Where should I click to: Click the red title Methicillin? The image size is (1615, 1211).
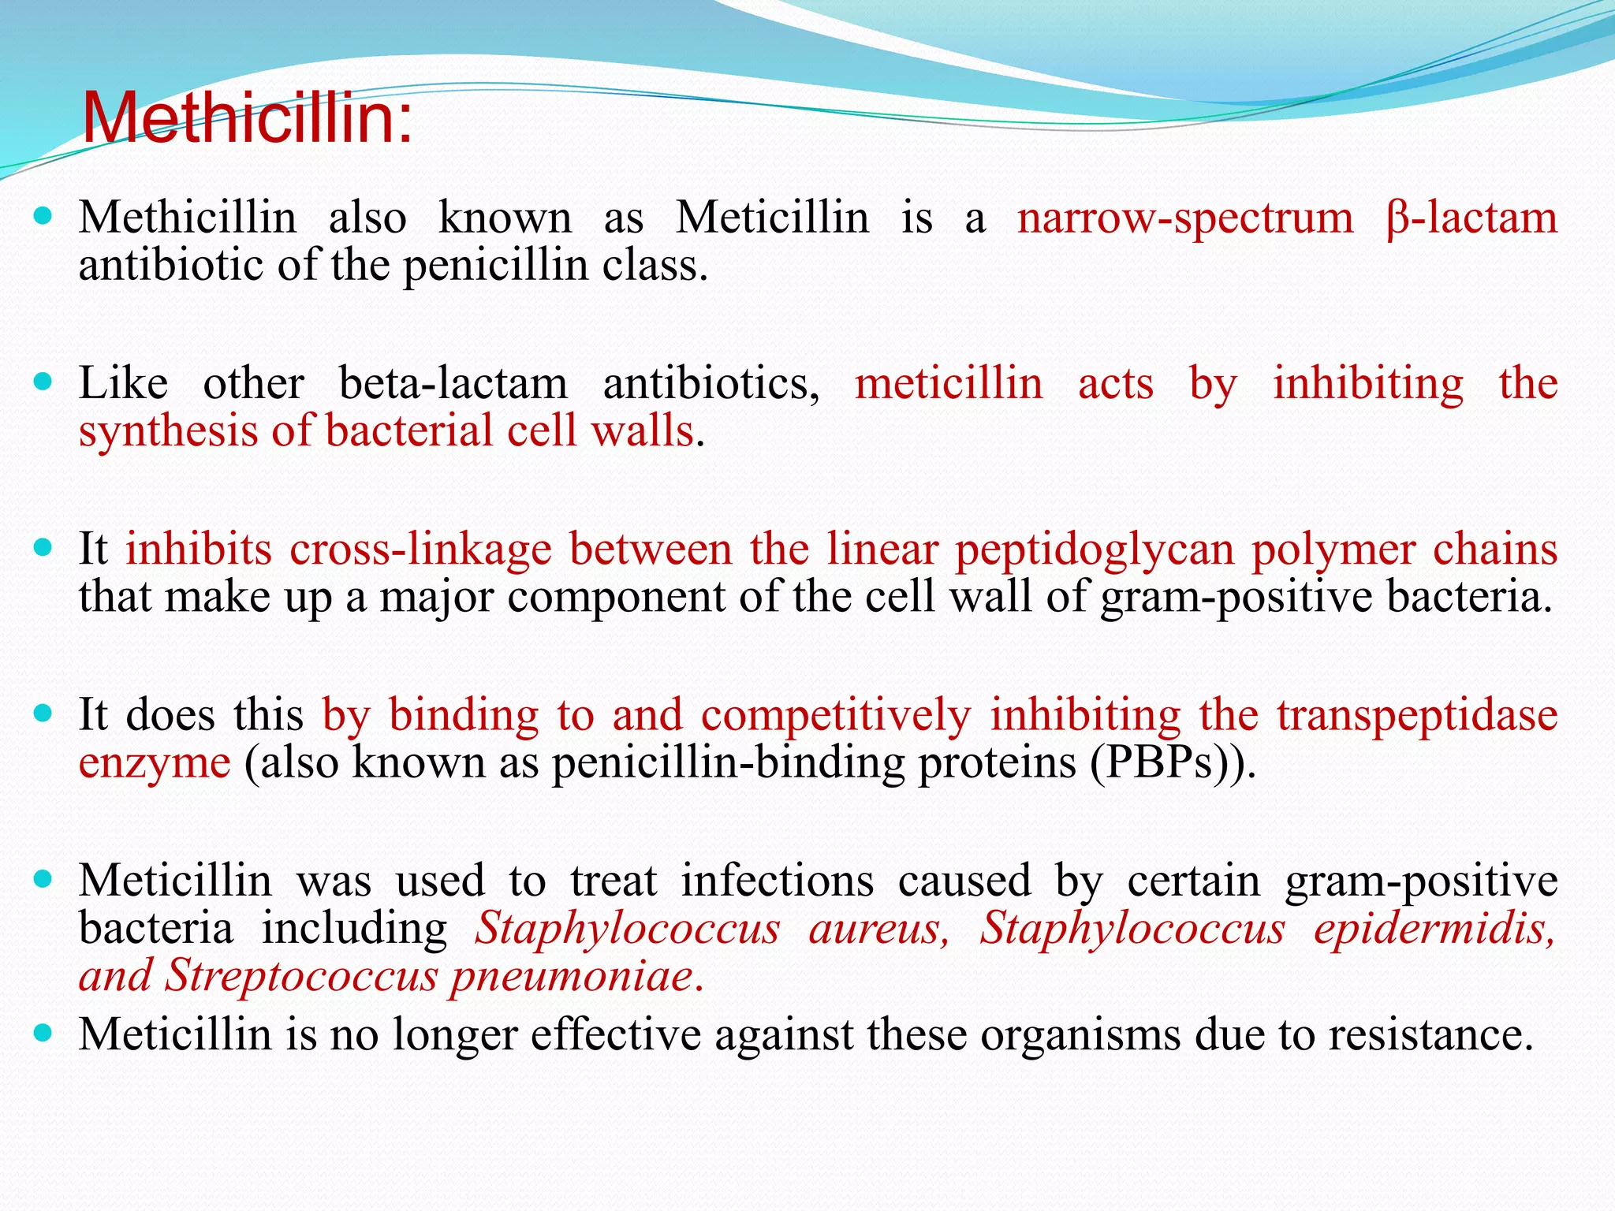247,118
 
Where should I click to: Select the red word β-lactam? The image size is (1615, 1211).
1471,218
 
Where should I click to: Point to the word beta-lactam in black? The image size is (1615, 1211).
453,384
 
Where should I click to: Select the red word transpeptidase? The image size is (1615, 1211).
1417,716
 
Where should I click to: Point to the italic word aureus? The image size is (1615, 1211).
879,929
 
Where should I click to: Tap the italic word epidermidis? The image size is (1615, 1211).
1434,929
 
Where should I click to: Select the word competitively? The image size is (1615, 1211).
836,716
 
